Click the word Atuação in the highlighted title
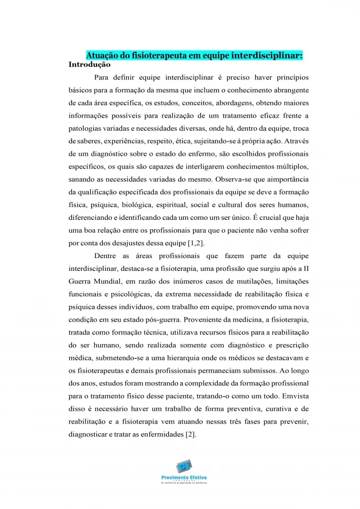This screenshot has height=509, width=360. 102,55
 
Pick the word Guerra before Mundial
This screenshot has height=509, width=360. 80,281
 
